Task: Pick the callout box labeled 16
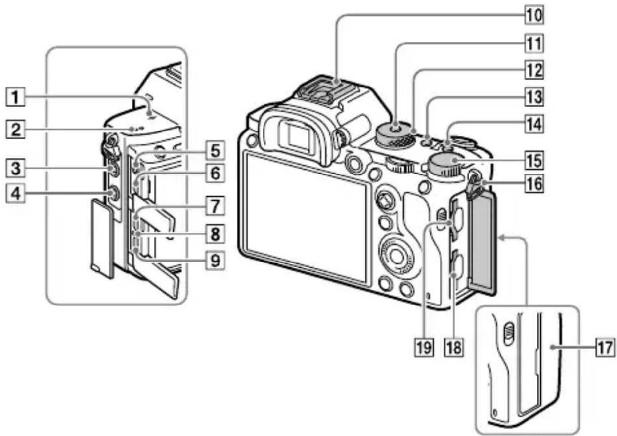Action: click(533, 185)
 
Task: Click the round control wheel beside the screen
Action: click(395, 254)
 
